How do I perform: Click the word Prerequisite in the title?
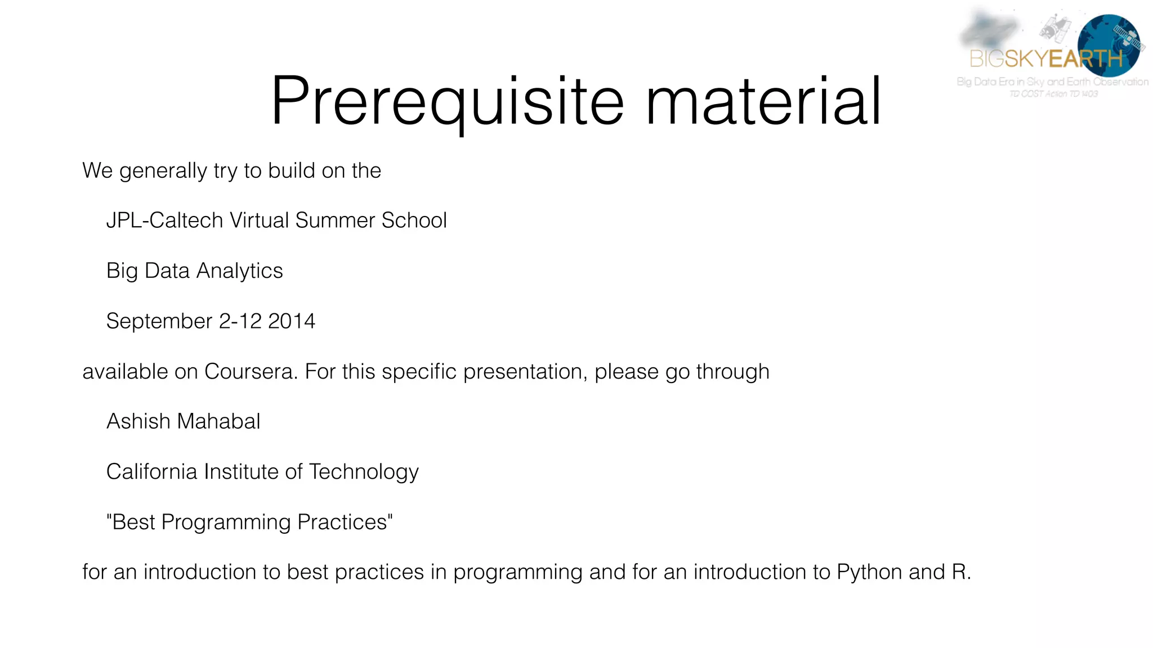(x=448, y=101)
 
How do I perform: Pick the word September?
(x=159, y=321)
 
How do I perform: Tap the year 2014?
(x=292, y=321)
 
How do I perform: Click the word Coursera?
(x=251, y=372)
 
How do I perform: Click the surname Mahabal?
(x=219, y=421)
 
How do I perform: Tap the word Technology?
(x=364, y=472)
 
